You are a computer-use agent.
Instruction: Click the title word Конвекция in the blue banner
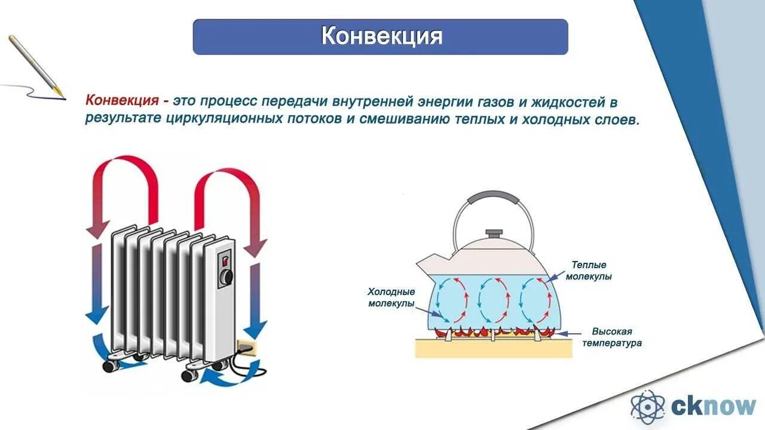tap(381, 36)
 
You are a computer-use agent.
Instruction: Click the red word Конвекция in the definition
tap(122, 101)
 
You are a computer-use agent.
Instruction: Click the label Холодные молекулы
tap(391, 298)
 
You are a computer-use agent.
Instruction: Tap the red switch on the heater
tap(225, 260)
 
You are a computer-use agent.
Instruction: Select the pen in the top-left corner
tap(36, 65)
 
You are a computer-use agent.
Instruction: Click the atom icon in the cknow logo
tap(647, 407)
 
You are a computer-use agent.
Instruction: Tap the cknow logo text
tap(713, 407)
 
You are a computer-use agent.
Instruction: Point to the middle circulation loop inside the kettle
tap(493, 299)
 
